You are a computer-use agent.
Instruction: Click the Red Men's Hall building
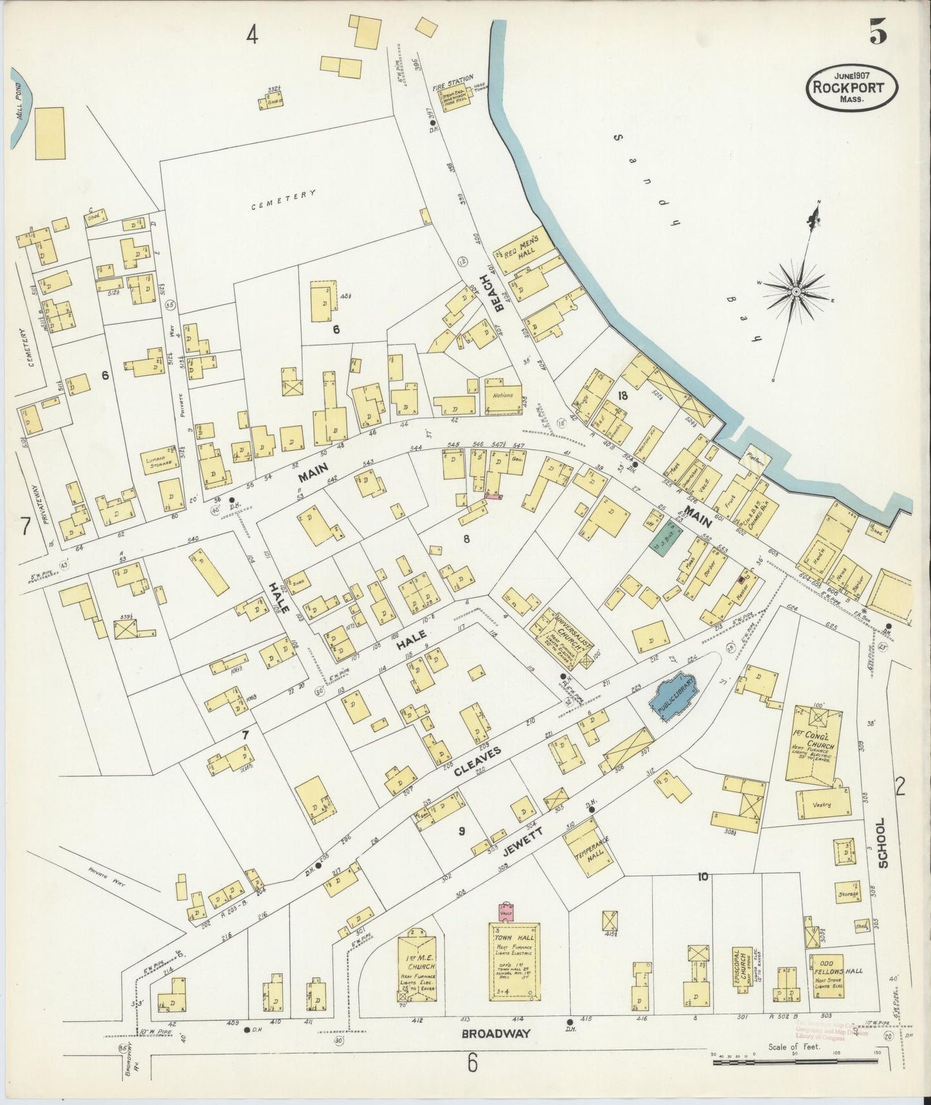tap(523, 249)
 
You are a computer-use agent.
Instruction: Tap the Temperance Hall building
tap(588, 847)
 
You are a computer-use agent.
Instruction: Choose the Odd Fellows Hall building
tap(828, 975)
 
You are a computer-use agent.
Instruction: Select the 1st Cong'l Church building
tap(814, 747)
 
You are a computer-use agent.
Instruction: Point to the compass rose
tap(796, 291)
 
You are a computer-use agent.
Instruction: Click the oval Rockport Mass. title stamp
tap(852, 88)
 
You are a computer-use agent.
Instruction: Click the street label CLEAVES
tap(477, 758)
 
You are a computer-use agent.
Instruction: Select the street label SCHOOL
tap(882, 842)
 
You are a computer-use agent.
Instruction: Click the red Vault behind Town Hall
tap(504, 914)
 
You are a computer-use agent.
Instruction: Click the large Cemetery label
tap(283, 199)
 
